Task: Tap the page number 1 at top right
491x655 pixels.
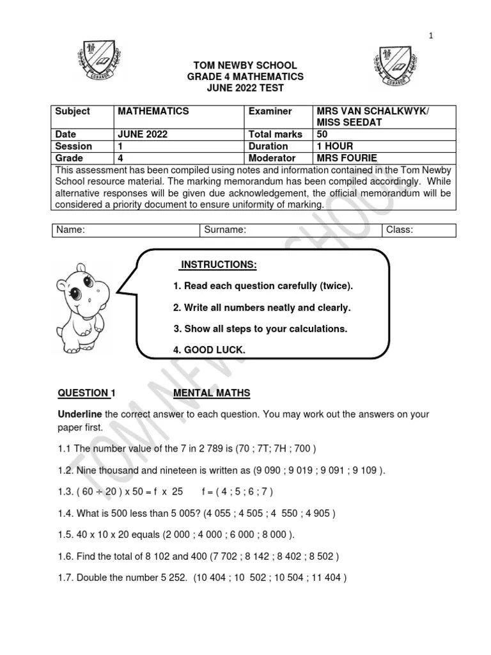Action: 431,36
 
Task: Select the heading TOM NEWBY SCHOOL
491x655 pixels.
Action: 245,66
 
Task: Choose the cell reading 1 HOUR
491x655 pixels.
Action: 334,146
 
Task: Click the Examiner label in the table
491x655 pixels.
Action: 270,111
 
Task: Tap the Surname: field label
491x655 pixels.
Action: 226,230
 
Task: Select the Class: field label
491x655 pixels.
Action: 400,230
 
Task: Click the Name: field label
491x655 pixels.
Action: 71,230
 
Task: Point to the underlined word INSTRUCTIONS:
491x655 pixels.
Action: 219,265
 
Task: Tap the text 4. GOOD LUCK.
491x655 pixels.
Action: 208,350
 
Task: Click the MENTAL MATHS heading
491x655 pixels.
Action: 212,393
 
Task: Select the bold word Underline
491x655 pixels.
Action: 80,414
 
